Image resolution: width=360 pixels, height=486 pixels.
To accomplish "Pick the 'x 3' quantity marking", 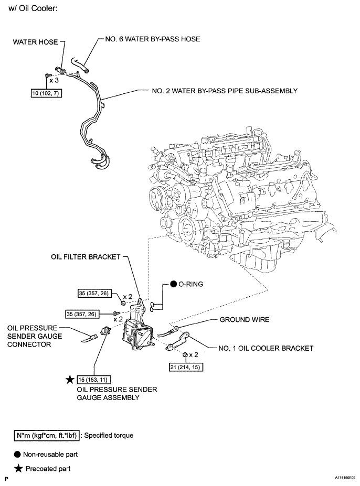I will coord(53,81).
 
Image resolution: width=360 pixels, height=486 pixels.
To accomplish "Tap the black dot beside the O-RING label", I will coord(174,285).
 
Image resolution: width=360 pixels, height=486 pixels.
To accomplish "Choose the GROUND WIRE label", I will coord(244,319).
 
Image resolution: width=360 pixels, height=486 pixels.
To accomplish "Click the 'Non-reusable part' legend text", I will coord(53,454).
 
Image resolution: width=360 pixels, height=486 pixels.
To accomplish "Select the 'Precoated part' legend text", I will coord(48,468).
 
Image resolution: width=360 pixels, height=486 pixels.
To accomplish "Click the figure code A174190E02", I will coord(339,479).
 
